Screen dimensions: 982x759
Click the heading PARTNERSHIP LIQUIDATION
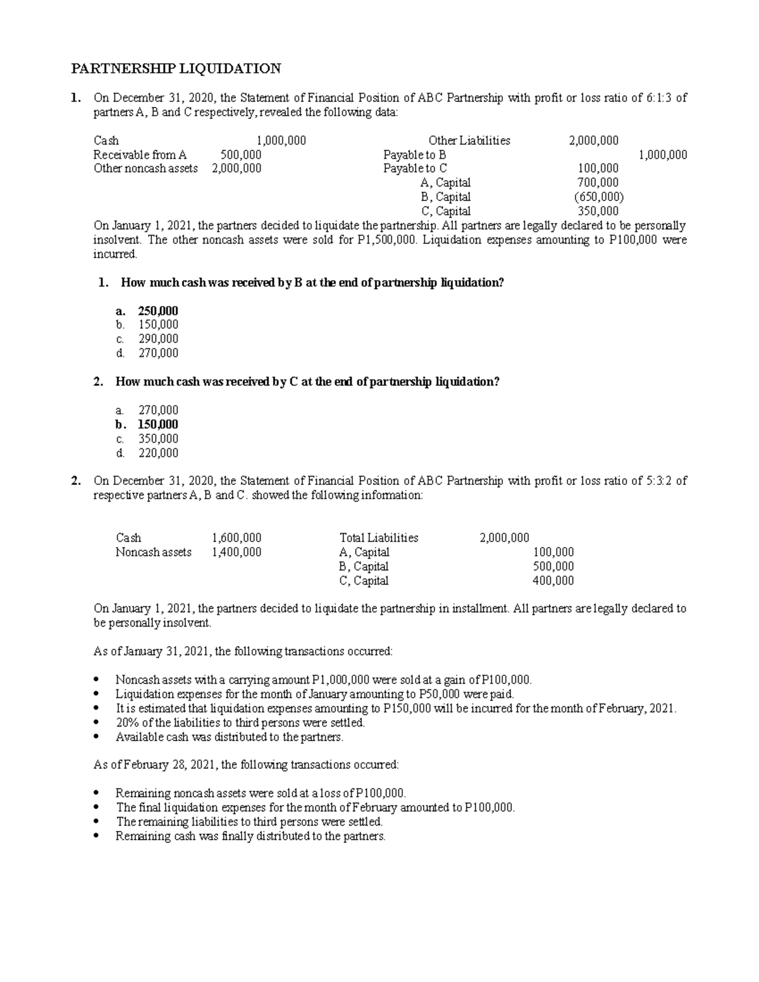(x=175, y=68)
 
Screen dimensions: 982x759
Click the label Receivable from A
(x=140, y=155)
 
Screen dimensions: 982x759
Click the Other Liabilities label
(x=469, y=140)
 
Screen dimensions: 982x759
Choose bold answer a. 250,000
(x=158, y=310)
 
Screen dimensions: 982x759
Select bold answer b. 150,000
(x=158, y=424)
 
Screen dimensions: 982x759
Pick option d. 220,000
(x=158, y=453)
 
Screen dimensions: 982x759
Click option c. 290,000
(x=158, y=339)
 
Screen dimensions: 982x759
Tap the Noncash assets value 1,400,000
(x=237, y=552)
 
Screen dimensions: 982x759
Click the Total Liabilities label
(x=379, y=538)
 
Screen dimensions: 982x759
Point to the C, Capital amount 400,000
(x=553, y=580)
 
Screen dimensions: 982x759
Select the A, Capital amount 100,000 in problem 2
(x=553, y=552)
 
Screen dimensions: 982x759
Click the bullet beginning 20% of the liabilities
(x=240, y=723)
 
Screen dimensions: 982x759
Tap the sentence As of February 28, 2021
(x=246, y=764)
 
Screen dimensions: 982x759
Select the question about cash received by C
(x=307, y=382)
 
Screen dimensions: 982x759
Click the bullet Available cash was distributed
(x=230, y=737)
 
